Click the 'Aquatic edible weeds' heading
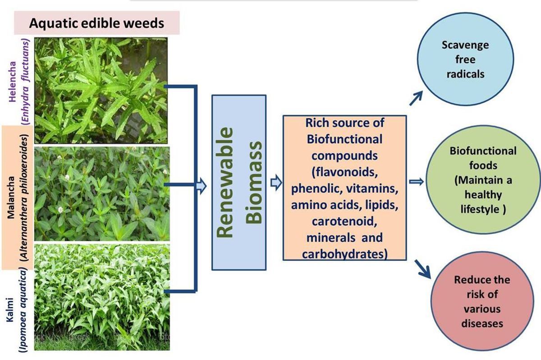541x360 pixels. tap(97, 23)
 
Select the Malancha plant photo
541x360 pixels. tap(102, 194)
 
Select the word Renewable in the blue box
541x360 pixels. tap(224, 182)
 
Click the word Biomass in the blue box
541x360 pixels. tap(255, 182)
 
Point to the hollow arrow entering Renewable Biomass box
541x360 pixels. tap(202, 184)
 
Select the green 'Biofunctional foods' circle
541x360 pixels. tap(482, 181)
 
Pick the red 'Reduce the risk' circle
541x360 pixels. tap(482, 301)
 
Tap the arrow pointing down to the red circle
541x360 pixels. tap(422, 269)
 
